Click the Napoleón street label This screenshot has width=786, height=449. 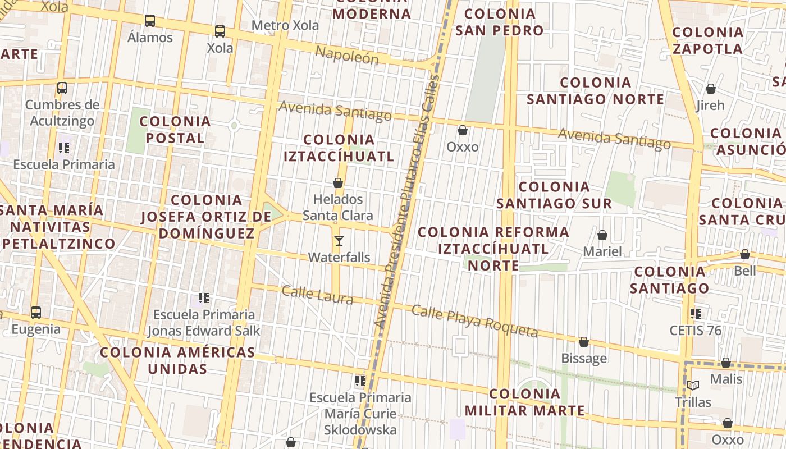coord(346,55)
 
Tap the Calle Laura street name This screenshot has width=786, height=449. coord(317,294)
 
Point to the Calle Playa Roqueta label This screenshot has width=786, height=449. coord(474,321)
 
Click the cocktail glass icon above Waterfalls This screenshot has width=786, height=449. coord(339,241)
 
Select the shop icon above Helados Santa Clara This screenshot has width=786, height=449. coord(338,183)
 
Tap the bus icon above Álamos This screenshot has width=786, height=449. coord(150,21)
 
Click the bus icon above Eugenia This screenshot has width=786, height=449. coord(36,312)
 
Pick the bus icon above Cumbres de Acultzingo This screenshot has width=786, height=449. coord(62,88)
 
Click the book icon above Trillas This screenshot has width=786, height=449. coord(693,385)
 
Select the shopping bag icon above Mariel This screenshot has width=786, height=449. coord(602,235)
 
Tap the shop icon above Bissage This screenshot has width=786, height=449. coord(584,342)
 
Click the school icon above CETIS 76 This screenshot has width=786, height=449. coord(696,313)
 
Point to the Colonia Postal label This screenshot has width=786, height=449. coord(175,130)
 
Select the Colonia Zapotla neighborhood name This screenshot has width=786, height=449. coord(707,40)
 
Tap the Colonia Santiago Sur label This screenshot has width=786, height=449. coord(554,195)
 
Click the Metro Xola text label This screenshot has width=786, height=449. coord(285,25)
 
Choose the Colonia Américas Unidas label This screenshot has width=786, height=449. coord(177,360)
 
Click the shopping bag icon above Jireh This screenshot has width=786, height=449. coord(710,89)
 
